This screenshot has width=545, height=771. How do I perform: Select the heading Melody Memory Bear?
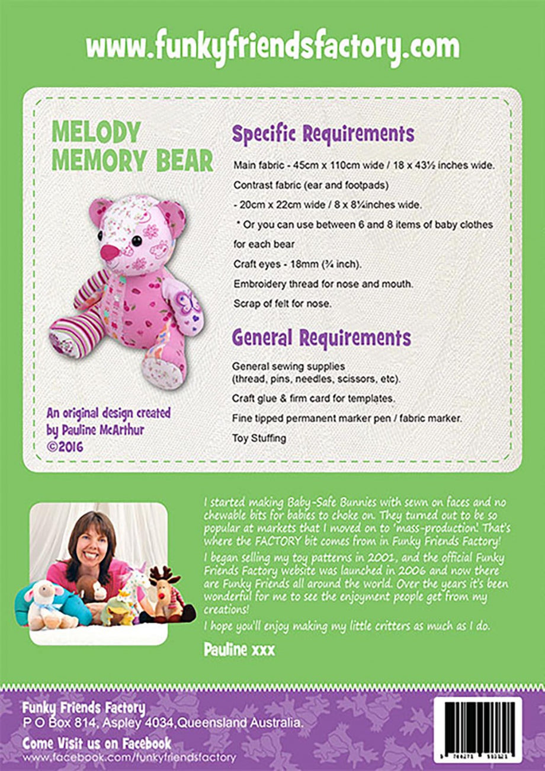[x=132, y=146]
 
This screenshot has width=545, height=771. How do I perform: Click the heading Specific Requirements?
[x=323, y=135]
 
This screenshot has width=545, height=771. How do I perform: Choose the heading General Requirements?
[x=321, y=338]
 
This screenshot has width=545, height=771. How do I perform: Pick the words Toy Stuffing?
[x=259, y=439]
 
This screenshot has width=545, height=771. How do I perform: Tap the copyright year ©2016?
[x=65, y=446]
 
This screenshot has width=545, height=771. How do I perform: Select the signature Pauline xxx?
[x=239, y=650]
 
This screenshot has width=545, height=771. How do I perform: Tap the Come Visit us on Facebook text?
[x=97, y=743]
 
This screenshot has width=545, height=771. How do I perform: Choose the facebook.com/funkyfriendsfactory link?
[x=129, y=758]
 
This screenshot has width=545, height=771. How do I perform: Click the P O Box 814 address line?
[x=163, y=724]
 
